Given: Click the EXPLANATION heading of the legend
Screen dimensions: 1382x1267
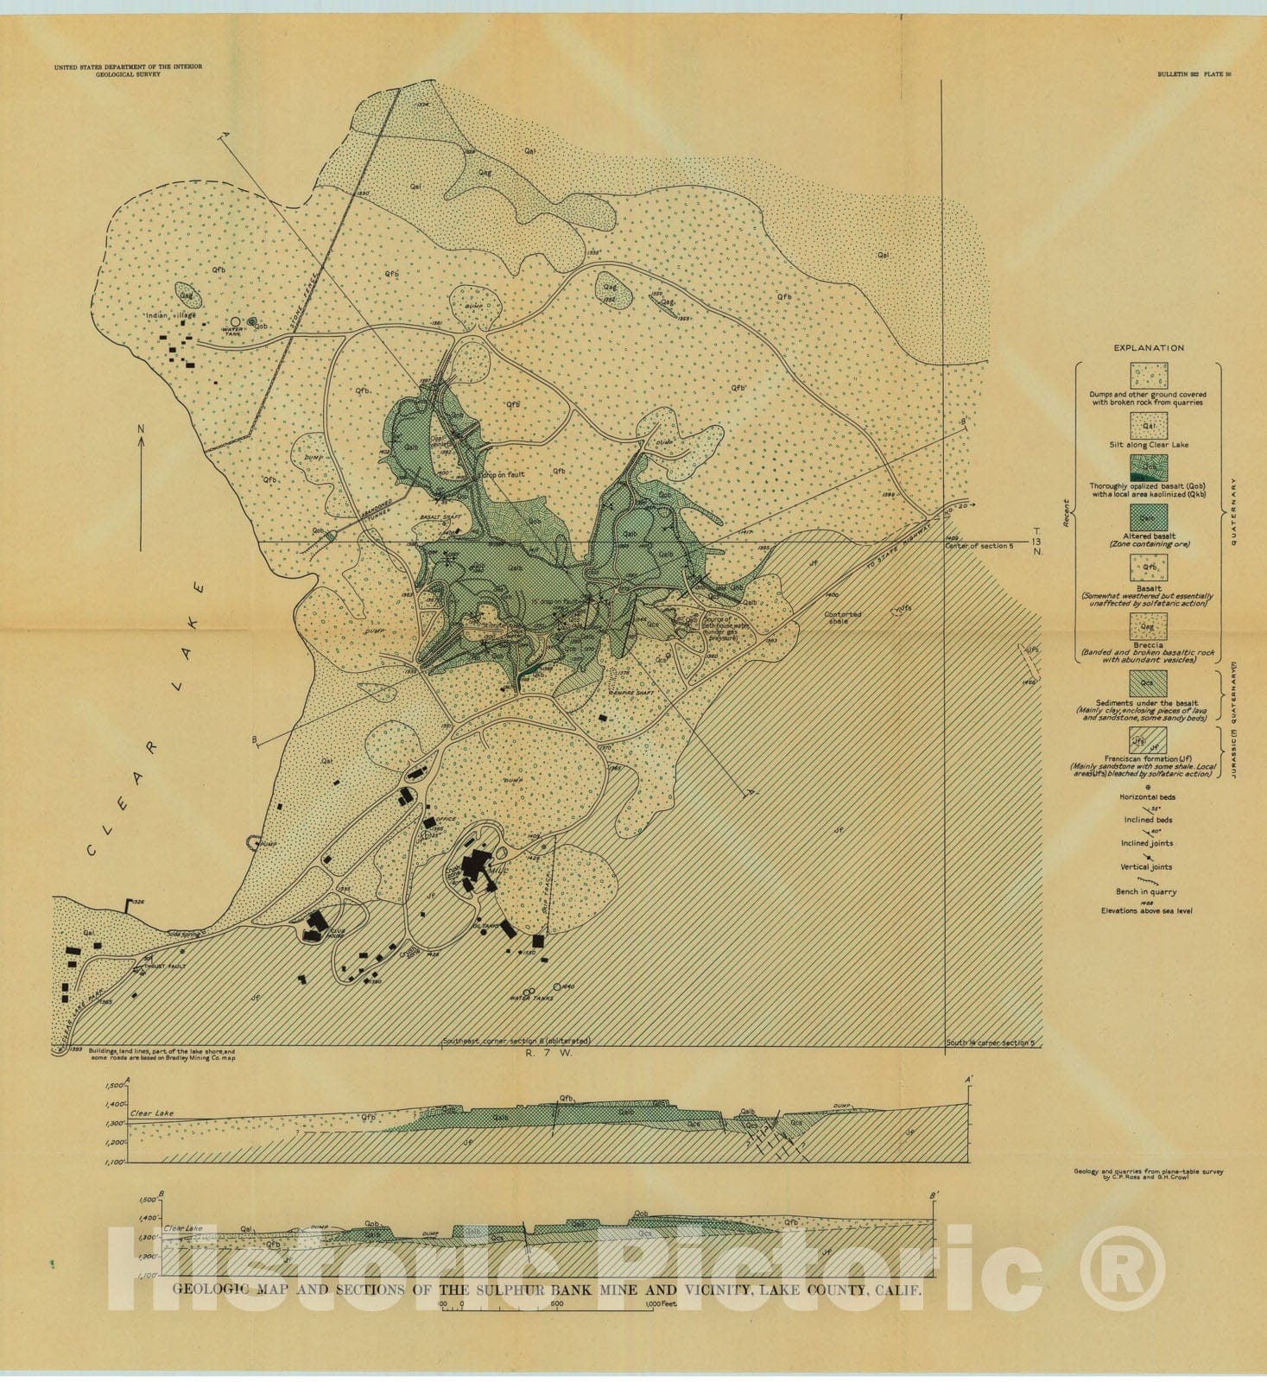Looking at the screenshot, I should (x=1148, y=348).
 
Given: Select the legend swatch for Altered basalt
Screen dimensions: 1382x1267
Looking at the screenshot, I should (x=1148, y=518).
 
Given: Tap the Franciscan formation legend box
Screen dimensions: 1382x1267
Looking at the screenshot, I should (x=1148, y=740).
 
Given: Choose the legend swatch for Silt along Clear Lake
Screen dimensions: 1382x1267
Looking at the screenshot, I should (x=1148, y=425).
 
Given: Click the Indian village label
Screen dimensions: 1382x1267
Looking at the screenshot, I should (x=171, y=315).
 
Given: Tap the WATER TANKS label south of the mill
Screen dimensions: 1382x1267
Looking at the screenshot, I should (x=530, y=998).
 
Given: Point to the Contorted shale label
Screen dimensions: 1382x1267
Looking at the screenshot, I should (x=843, y=618).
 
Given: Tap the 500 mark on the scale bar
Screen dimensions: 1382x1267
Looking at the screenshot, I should (x=557, y=1304).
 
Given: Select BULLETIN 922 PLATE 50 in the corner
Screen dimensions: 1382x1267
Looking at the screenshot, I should (x=1194, y=74).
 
